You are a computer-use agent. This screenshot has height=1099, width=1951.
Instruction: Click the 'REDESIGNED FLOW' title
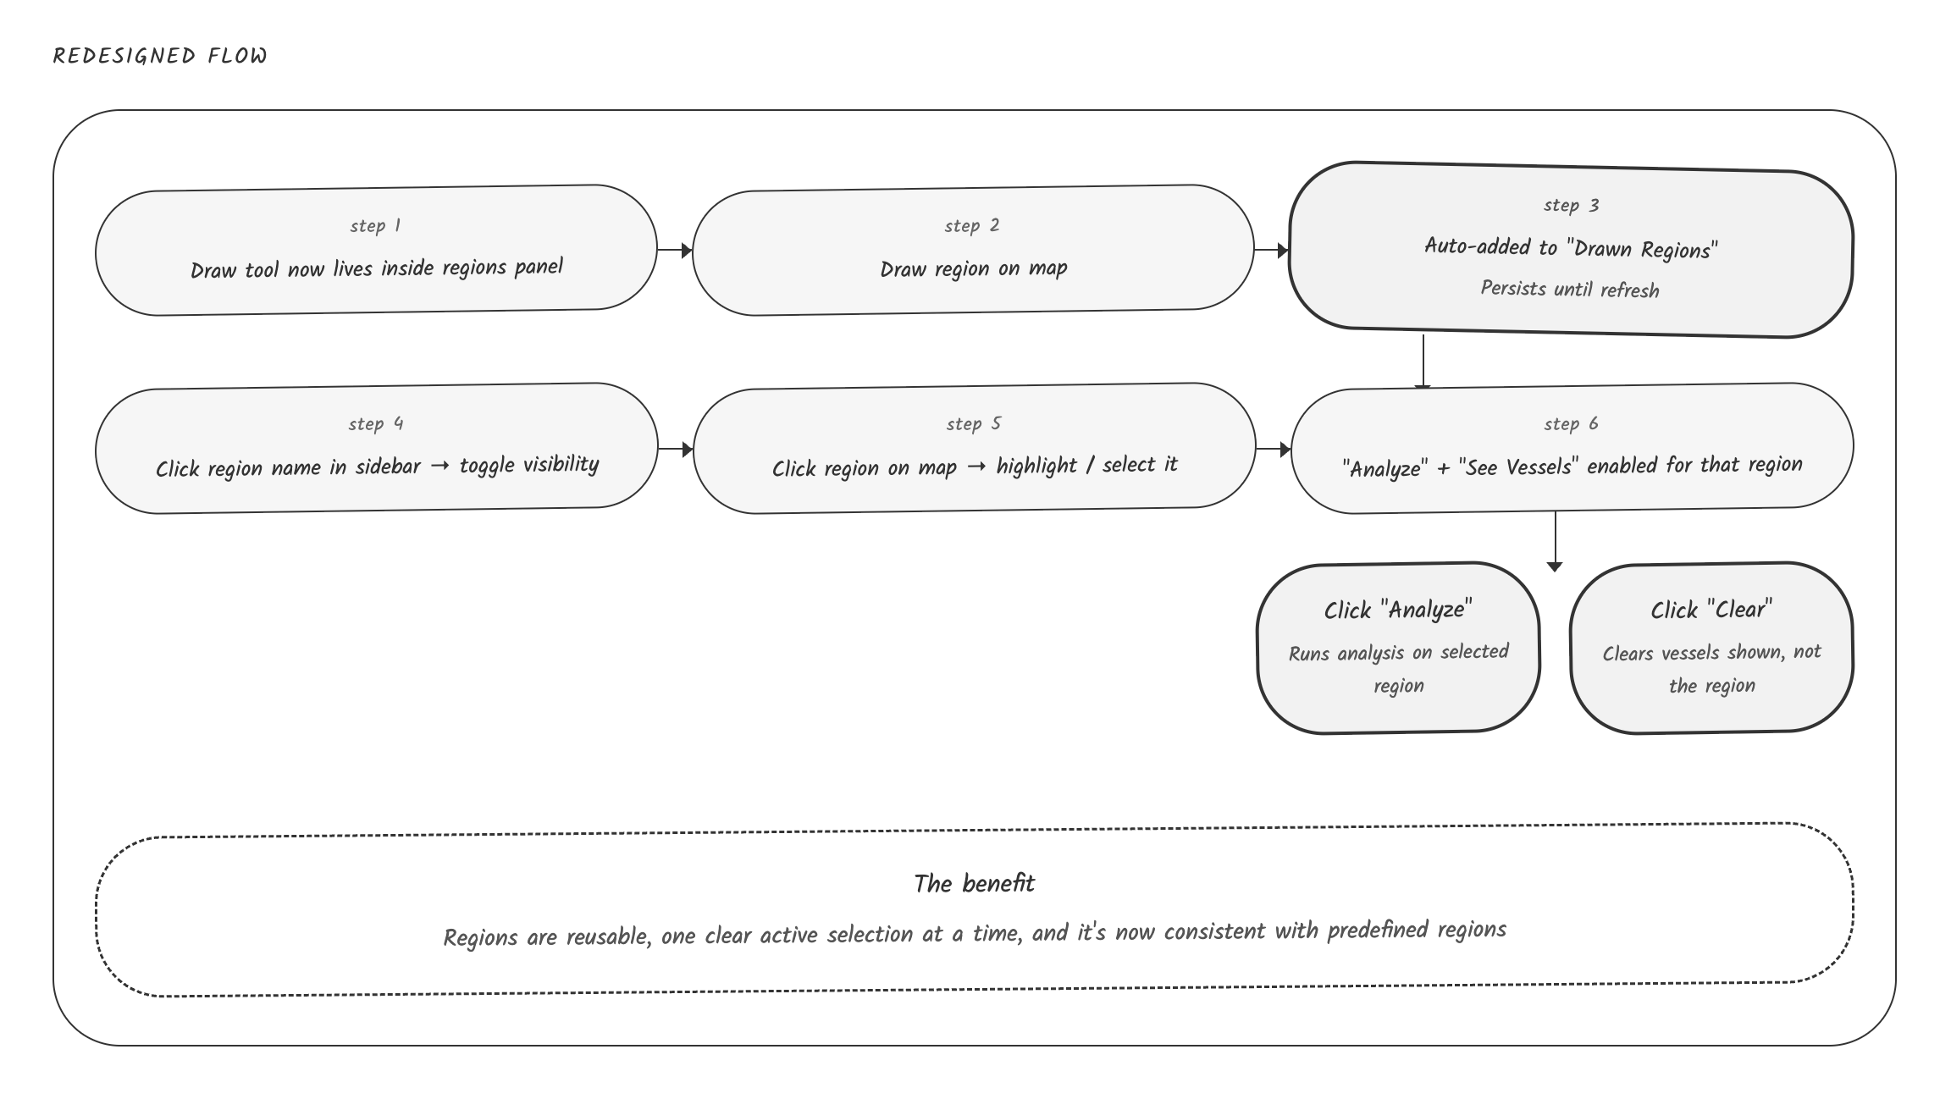tap(160, 56)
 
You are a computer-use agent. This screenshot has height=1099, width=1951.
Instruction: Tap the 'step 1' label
tap(375, 226)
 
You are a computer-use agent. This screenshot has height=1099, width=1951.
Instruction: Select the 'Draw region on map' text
tap(974, 269)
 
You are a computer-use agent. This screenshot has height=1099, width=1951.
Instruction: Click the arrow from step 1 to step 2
tap(675, 251)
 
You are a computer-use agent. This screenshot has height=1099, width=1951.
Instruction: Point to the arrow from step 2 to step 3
tap(1272, 251)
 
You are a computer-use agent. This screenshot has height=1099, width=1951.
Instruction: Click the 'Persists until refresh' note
tap(1570, 289)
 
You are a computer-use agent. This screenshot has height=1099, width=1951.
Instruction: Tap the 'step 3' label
tap(1572, 206)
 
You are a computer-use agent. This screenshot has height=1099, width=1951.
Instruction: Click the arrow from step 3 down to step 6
tap(1423, 362)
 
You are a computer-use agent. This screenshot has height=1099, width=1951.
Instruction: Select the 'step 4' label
tap(376, 424)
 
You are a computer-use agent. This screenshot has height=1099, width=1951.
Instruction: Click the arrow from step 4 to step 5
tap(676, 449)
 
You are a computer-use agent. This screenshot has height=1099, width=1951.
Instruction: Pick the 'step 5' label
tap(974, 424)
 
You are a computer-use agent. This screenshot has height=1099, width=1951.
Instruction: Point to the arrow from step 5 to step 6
tap(1274, 449)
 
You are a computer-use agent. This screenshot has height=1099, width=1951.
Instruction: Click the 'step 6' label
tap(1571, 424)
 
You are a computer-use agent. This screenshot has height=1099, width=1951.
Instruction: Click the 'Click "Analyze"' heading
tap(1398, 610)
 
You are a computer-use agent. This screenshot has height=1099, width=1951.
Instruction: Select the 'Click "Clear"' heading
tap(1711, 610)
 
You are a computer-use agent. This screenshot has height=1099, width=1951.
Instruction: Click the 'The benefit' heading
tap(974, 884)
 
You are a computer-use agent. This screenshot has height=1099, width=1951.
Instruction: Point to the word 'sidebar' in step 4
tap(388, 467)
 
